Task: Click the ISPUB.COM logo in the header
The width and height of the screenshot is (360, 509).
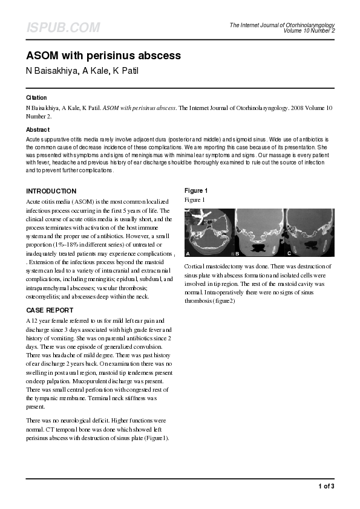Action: coord(62,28)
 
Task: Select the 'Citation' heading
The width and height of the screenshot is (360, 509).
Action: coord(36,97)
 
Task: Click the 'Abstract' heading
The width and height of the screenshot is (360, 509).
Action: coord(38,129)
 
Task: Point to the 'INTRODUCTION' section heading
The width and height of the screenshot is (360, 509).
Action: coord(51,191)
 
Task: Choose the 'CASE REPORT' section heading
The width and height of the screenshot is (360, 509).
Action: coord(50,311)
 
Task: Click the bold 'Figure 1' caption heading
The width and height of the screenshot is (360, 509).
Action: coord(196,191)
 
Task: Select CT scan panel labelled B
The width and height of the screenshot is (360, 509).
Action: coord(260,233)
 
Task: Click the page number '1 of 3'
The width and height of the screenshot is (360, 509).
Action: coord(326,486)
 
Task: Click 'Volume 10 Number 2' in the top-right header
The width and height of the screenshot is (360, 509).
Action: coord(309,30)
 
